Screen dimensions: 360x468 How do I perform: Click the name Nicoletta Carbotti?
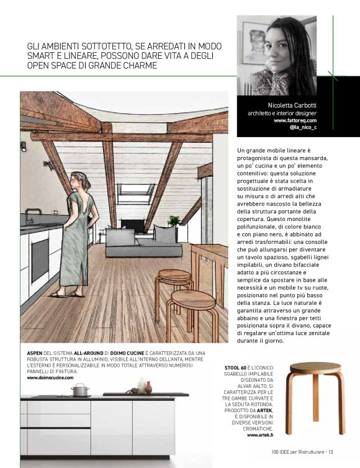click(x=291, y=105)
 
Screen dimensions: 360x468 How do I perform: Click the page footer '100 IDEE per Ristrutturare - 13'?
click(x=302, y=451)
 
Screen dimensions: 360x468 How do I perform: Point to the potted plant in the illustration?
click(x=174, y=221)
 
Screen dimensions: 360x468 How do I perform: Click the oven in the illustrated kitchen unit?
click(x=40, y=261)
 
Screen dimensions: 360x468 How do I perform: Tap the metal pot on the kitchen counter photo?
click(x=80, y=390)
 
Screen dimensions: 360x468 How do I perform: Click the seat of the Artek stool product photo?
click(x=315, y=367)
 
